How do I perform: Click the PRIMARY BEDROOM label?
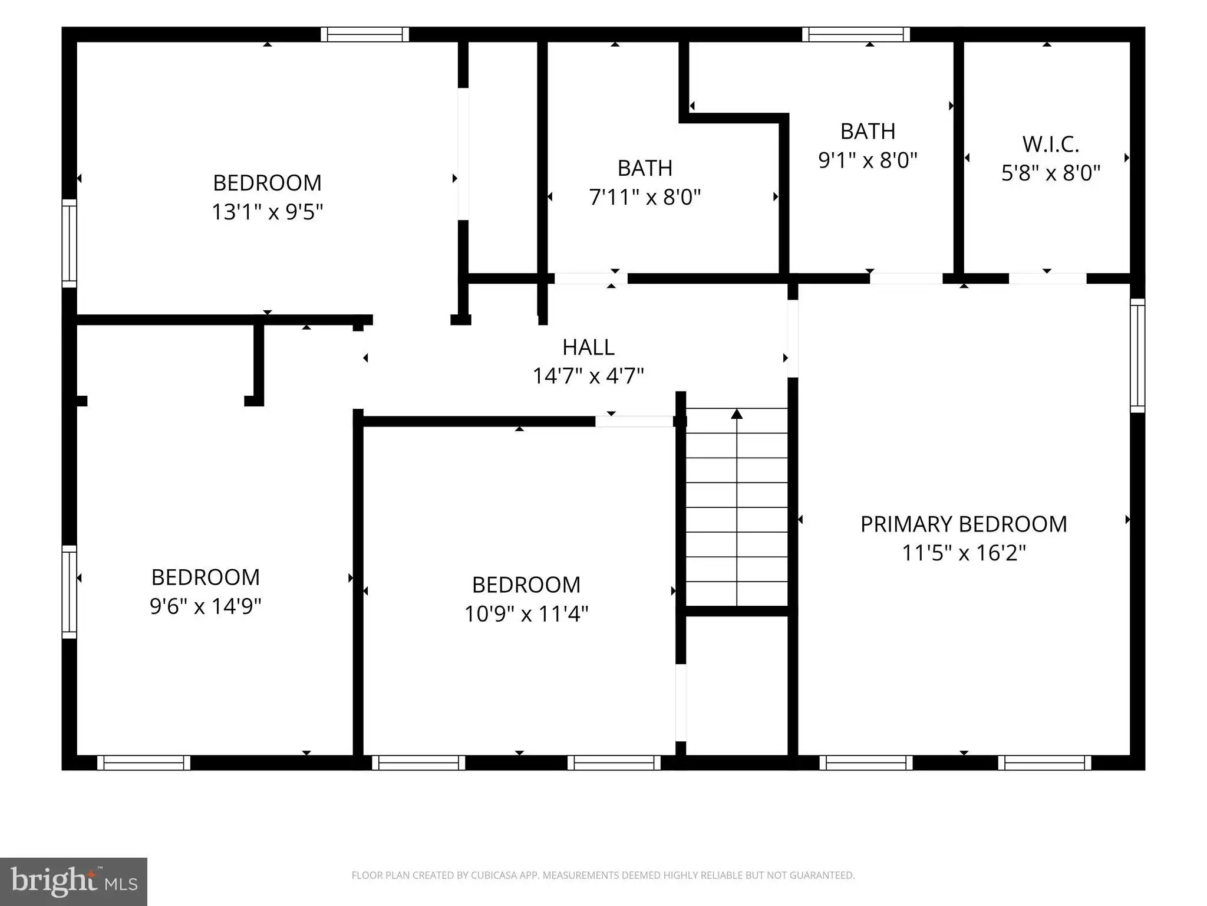pos(964,524)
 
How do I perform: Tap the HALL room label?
pos(588,347)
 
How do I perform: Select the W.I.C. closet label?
pos(1051,144)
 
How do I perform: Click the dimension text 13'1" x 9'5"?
pos(268,211)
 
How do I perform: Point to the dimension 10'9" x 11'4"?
pos(526,613)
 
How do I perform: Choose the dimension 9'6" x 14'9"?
pos(205,606)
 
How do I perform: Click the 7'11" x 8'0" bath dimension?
pos(645,196)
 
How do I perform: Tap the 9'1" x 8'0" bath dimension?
pos(868,159)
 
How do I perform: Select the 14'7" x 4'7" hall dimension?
pos(588,375)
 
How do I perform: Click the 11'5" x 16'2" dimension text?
pos(964,553)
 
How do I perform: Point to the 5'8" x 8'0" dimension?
pos(1051,173)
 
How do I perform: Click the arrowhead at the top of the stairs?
pos(737,413)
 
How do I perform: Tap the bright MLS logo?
pos(74,882)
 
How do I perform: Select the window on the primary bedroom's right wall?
pos(1137,355)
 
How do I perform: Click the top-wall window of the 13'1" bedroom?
pos(365,34)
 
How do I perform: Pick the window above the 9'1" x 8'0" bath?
pos(856,34)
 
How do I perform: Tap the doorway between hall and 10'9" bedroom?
pos(634,421)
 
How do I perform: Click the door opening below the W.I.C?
pos(1047,278)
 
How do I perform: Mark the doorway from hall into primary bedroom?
pos(793,339)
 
